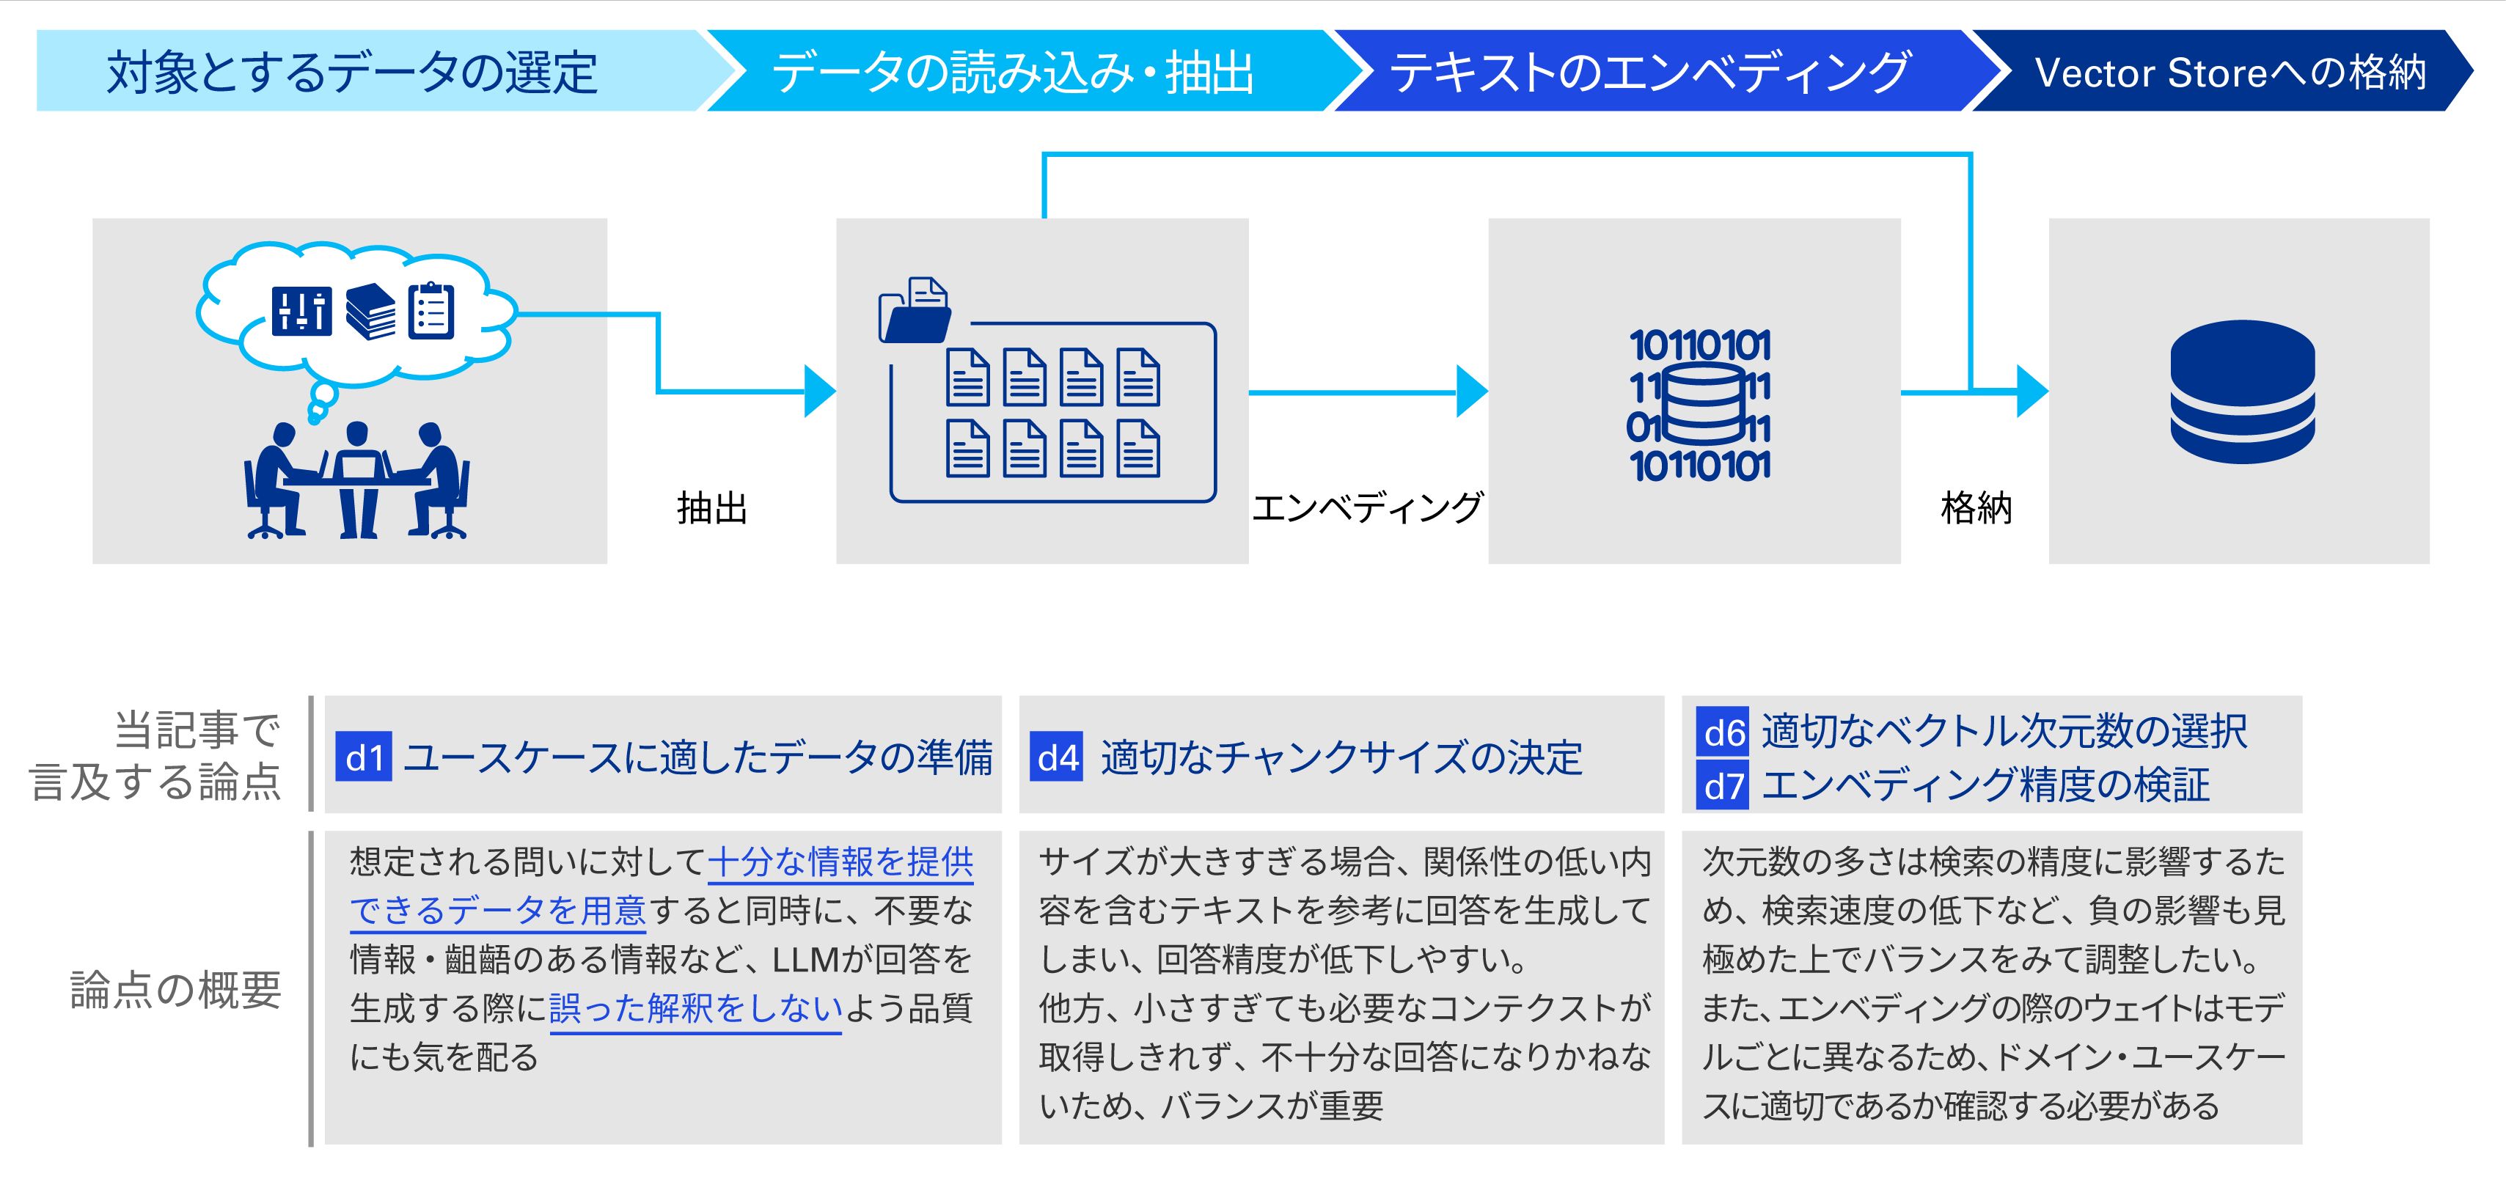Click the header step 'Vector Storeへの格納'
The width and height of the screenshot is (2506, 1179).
coord(2228,72)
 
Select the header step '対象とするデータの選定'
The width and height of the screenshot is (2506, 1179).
coord(352,72)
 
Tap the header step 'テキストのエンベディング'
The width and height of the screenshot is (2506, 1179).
coord(1649,72)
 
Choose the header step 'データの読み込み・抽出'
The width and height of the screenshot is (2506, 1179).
coord(1012,72)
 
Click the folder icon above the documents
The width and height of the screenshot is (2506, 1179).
coord(914,310)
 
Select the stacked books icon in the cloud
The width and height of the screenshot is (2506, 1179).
coord(370,312)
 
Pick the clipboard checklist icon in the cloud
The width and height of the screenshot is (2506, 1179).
coord(431,312)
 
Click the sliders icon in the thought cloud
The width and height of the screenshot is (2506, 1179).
coord(301,312)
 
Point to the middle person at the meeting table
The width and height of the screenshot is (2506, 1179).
coord(357,477)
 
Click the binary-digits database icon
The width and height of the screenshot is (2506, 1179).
coord(1699,405)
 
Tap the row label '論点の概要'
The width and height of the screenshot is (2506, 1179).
coord(176,989)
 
